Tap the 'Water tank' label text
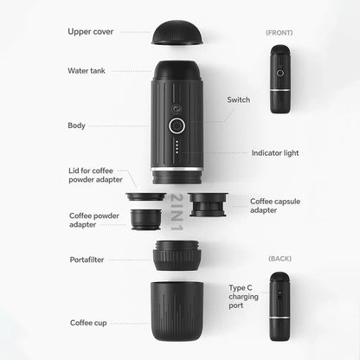point(87,70)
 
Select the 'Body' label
point(76,125)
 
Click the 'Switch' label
point(238,100)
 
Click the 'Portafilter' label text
point(87,259)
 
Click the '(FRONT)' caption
point(279,32)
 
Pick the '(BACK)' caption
point(280,258)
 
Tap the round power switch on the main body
point(177,125)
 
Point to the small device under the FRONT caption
point(279,79)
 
